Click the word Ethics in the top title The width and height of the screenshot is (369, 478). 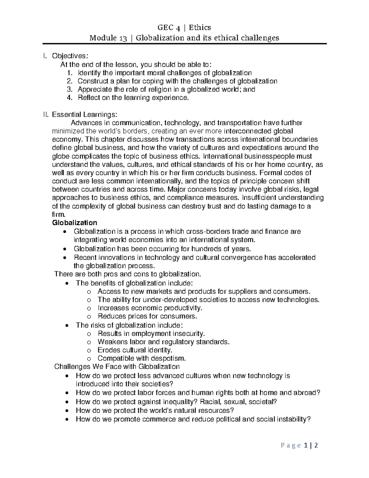point(200,28)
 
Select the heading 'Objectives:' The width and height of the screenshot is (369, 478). point(70,56)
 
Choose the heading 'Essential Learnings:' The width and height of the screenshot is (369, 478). point(85,115)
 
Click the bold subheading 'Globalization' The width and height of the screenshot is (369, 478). point(75,223)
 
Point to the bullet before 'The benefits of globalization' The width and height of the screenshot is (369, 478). point(67,283)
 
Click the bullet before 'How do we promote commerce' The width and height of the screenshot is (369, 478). point(67,419)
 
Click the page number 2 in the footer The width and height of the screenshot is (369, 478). point(316,446)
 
